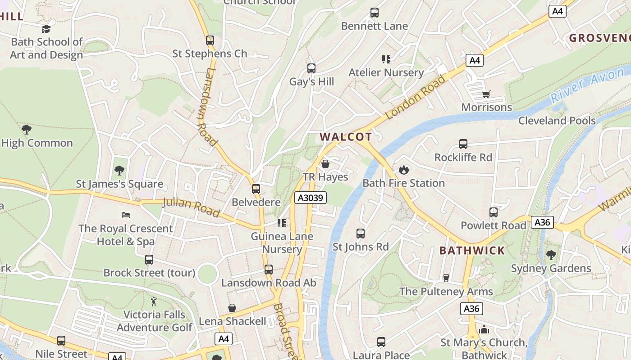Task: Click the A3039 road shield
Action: [311, 197]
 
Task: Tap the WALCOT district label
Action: [346, 137]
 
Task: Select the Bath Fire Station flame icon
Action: [403, 170]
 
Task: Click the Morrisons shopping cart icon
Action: [486, 94]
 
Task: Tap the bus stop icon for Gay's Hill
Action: [311, 68]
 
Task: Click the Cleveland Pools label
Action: [557, 121]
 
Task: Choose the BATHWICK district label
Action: [472, 251]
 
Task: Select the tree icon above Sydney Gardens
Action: [551, 255]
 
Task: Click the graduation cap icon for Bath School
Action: [46, 29]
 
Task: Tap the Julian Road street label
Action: [191, 207]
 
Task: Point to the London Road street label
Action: [415, 97]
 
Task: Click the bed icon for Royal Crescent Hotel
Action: [126, 215]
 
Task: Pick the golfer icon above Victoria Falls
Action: [154, 301]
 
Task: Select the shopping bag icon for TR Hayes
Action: [325, 164]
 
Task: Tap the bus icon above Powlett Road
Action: [494, 212]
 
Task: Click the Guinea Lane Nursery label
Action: [282, 243]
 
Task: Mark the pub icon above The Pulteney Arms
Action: [446, 278]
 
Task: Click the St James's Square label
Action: [119, 184]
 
